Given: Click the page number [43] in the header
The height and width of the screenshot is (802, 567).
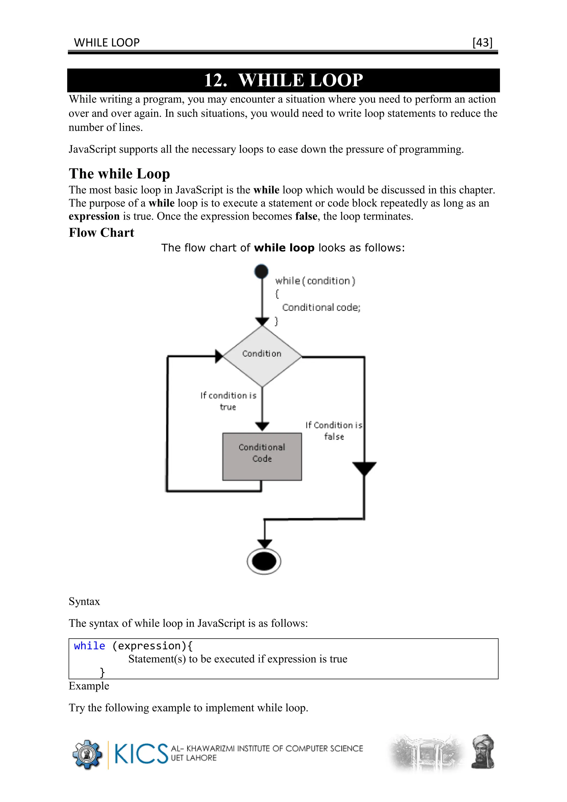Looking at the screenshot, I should [482, 43].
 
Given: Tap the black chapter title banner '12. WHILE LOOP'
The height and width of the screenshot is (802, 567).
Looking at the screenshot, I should [283, 80].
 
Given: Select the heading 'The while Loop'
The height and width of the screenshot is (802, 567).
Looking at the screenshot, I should [119, 174].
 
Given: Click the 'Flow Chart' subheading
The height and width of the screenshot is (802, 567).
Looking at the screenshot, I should [101, 233].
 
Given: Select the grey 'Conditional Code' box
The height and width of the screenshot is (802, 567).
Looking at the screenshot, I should [262, 457].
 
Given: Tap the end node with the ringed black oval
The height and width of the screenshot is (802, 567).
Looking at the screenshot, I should [264, 561].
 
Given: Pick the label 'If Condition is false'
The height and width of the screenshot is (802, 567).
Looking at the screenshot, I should [334, 431].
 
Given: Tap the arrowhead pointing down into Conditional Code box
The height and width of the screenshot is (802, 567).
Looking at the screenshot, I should [262, 426].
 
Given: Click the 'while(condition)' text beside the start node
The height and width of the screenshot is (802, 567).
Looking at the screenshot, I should [315, 281].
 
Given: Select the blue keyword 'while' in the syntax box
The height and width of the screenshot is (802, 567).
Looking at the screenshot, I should [89, 646].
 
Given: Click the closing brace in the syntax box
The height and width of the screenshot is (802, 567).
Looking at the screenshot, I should [102, 672].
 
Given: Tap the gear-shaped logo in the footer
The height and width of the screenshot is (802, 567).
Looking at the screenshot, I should [87, 754].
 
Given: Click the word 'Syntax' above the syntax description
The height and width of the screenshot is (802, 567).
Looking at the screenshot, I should [84, 601].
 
